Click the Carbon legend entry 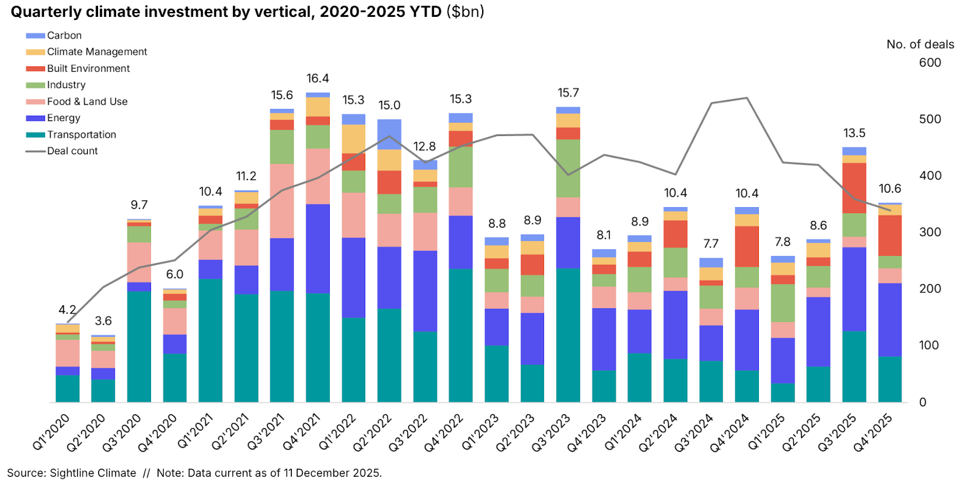(x=64, y=36)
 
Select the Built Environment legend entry (x=88, y=69)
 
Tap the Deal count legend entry (x=72, y=151)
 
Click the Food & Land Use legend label (x=87, y=102)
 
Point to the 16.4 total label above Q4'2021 (x=317, y=79)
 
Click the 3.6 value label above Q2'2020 (x=103, y=321)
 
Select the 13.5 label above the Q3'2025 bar (x=854, y=133)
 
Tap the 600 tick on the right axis (x=929, y=63)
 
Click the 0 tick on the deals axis (x=923, y=402)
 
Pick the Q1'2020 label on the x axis (x=52, y=432)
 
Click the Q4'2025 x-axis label (x=873, y=432)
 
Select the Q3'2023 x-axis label (x=551, y=432)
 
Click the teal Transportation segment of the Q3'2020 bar (x=139, y=346)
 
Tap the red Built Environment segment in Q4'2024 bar (x=746, y=246)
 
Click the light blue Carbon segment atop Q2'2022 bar (x=389, y=134)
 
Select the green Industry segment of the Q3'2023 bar (x=568, y=168)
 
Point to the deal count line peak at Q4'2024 (x=746, y=98)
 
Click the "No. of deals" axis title (x=920, y=45)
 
